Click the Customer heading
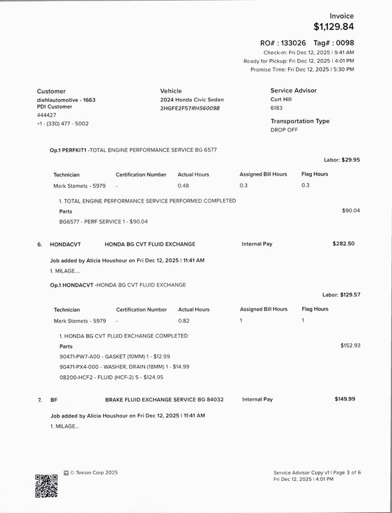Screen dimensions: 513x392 click(x=51, y=91)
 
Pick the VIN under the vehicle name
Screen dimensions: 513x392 click(x=190, y=108)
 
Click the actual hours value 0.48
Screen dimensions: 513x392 click(x=183, y=185)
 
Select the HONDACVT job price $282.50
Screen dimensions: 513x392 click(x=343, y=244)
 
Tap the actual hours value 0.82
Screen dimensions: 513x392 click(x=183, y=320)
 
